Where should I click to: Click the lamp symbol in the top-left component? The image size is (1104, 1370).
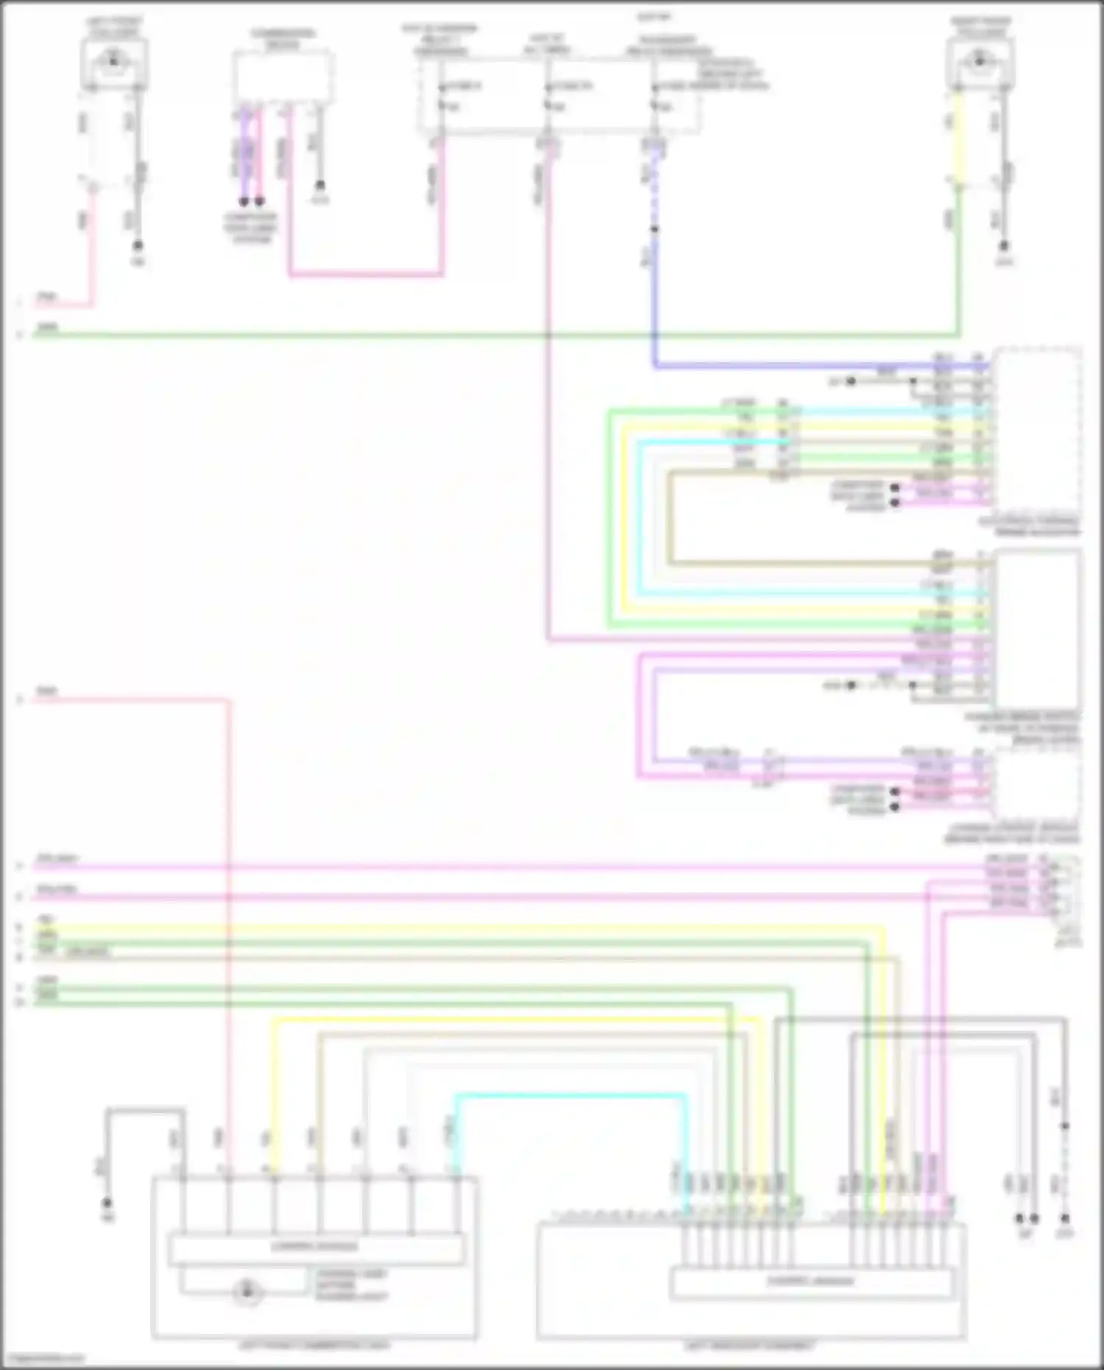tap(113, 60)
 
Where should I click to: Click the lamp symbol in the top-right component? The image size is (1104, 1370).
tap(979, 60)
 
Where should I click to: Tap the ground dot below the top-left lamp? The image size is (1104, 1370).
tap(137, 246)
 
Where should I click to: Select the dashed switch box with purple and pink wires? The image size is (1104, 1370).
tap(283, 77)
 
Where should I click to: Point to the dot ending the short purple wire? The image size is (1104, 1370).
tap(244, 201)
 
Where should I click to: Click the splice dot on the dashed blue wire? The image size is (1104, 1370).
tap(654, 229)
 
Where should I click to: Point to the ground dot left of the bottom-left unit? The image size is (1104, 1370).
tap(107, 1204)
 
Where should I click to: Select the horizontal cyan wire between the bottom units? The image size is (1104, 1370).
tap(570, 1096)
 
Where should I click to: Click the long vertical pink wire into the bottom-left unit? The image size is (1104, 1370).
tap(229, 920)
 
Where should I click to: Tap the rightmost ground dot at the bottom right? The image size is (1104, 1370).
tap(1064, 1218)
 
